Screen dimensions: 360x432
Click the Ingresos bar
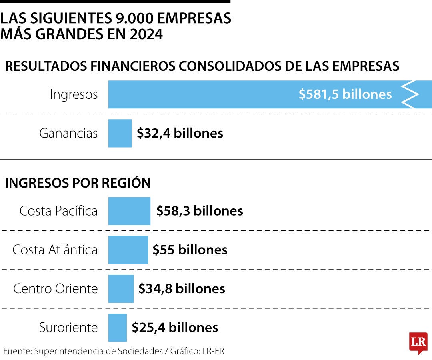[x=200, y=94]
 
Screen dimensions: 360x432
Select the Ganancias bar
[x=120, y=133]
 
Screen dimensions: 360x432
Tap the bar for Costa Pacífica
[x=129, y=211]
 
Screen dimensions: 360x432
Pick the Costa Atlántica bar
[x=128, y=250]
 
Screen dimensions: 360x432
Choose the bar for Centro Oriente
[x=121, y=288]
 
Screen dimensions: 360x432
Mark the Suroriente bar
[x=117, y=328]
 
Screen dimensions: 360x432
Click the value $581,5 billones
[x=345, y=94]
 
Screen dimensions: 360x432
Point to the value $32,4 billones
[x=180, y=133]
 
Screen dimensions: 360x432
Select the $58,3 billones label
[x=200, y=211]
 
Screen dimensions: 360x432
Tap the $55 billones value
[x=190, y=250]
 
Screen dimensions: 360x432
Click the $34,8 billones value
[x=182, y=288]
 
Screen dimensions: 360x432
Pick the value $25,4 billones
[x=175, y=328]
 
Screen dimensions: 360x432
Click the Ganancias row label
[x=68, y=133]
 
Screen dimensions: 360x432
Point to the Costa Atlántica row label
[x=55, y=250]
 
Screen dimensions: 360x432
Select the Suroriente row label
[x=68, y=328]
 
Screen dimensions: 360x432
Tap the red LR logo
[x=418, y=342]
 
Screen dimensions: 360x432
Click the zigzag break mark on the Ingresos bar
[x=410, y=94]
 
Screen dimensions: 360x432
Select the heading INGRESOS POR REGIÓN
[x=78, y=183]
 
